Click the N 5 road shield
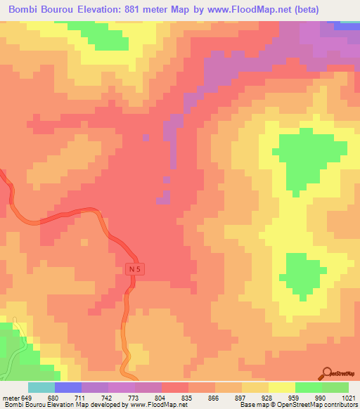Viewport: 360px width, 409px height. point(136,269)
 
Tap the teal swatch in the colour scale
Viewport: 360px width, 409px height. point(41,388)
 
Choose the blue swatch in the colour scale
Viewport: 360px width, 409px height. point(67,388)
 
